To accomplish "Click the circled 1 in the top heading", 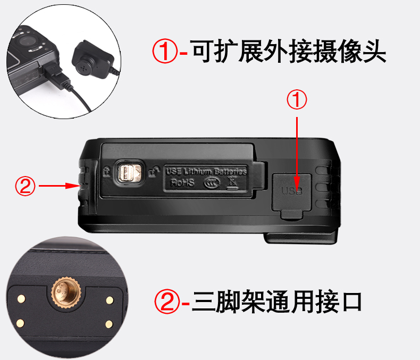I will pos(164,52).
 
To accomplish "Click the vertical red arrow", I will pos(297,146).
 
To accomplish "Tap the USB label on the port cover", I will pos(291,190).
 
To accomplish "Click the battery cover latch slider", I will pos(129,173).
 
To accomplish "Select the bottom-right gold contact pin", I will pos(108,323).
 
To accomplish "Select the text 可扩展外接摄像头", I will pos(289,52).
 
